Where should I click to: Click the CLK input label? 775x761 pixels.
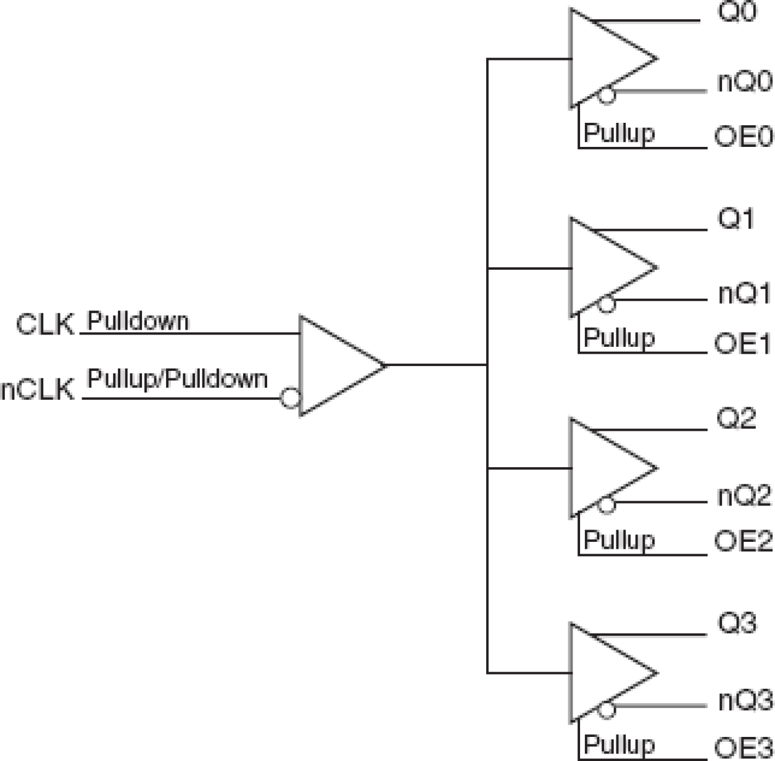(x=45, y=324)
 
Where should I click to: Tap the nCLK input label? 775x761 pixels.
(x=38, y=389)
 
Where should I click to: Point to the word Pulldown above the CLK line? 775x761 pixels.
(x=138, y=321)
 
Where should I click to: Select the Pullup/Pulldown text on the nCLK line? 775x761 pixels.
(x=178, y=378)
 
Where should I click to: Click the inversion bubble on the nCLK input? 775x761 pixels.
(x=290, y=398)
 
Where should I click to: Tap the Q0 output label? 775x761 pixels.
(x=737, y=12)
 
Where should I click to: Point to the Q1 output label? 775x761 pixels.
(x=736, y=218)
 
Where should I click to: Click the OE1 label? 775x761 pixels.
(x=744, y=344)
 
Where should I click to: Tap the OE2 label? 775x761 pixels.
(x=744, y=541)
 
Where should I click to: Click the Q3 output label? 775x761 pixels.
(x=737, y=623)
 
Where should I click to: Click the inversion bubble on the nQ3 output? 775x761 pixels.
(x=607, y=710)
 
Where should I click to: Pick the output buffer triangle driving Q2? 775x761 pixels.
(x=608, y=468)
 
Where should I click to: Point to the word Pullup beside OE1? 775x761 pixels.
(x=619, y=338)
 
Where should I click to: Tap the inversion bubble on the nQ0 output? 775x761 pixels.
(x=607, y=95)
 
